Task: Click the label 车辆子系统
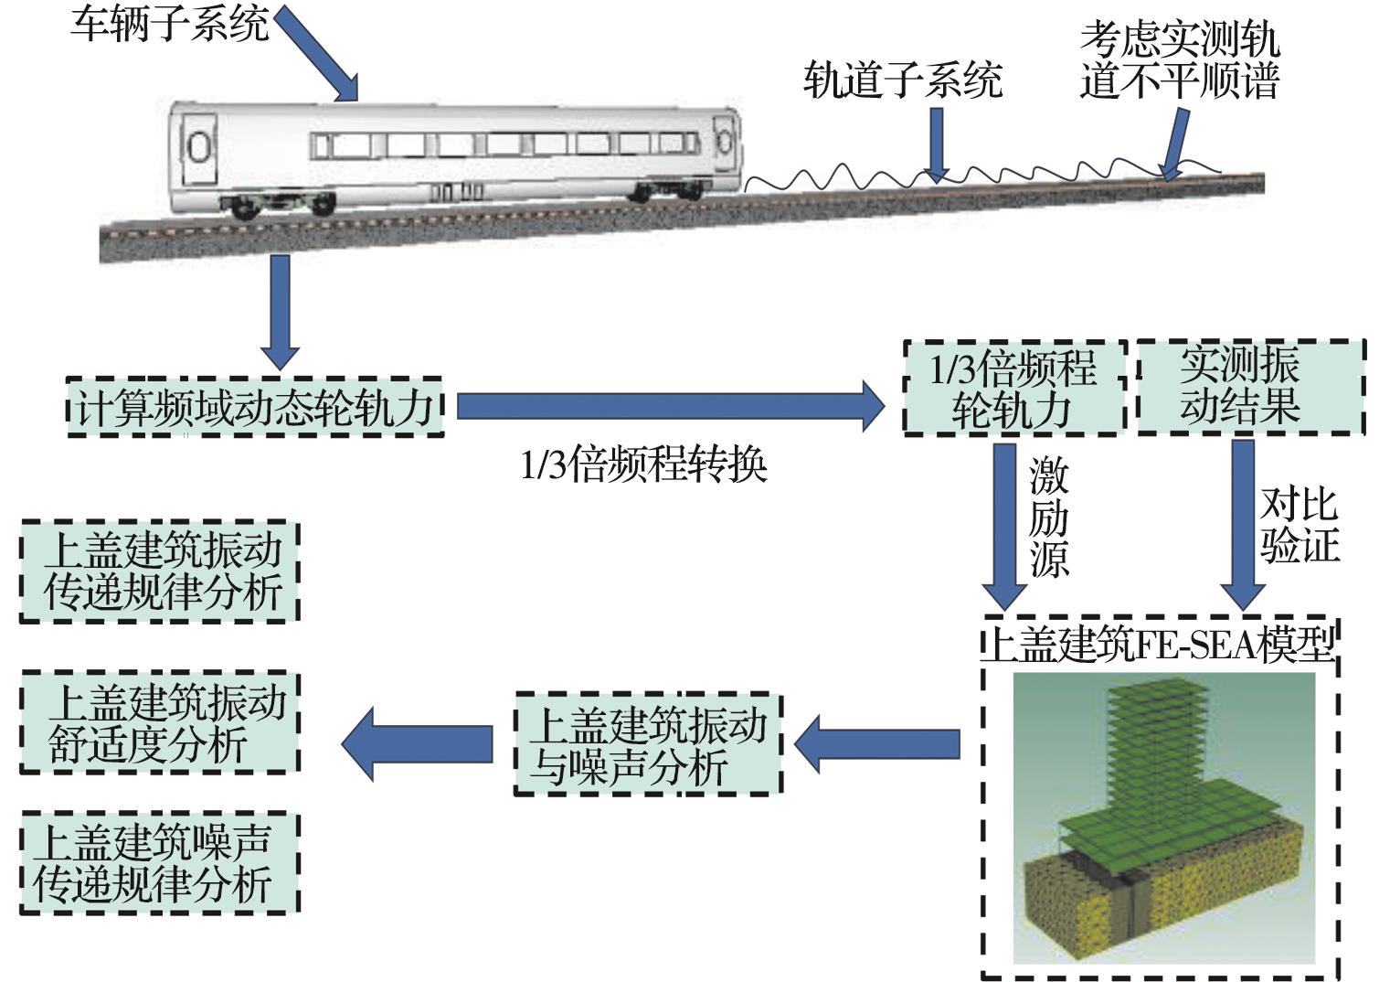(170, 24)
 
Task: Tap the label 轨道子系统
(902, 80)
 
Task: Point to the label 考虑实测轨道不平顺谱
(1179, 60)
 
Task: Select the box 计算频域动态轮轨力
(255, 407)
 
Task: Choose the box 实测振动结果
(1250, 387)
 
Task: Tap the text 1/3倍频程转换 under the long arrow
(643, 465)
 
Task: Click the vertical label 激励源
(1048, 518)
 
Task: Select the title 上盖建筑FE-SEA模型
(1159, 644)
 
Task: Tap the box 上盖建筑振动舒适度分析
(161, 723)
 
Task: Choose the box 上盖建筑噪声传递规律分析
(161, 862)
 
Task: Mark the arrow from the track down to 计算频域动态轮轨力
(281, 312)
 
